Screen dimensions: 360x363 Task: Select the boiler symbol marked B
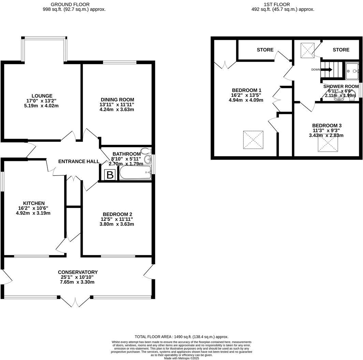pos(110,175)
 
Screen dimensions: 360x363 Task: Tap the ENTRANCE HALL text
pos(79,161)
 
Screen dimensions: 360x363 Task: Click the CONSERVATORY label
pos(78,272)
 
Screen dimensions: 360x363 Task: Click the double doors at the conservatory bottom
pos(76,301)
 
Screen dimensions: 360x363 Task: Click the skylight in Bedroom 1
pos(253,140)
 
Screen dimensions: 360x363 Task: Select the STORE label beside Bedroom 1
pos(265,50)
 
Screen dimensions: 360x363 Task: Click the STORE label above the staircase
pos(341,50)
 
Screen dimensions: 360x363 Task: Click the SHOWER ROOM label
pos(341,86)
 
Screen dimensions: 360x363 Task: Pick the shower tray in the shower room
pos(352,71)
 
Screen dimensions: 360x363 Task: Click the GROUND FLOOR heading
pos(70,4)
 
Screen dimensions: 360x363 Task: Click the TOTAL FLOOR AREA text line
pos(181,336)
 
